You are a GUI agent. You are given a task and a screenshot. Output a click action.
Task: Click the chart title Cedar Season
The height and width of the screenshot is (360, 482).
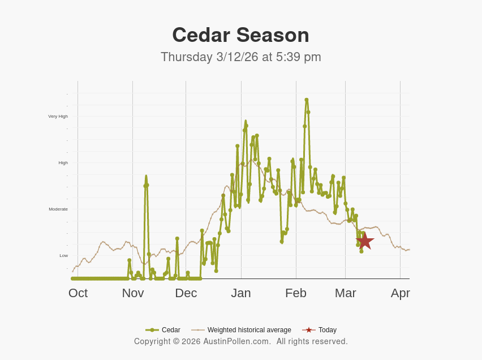click(x=240, y=35)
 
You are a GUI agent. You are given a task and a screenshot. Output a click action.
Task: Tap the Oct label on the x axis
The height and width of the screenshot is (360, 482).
click(x=78, y=293)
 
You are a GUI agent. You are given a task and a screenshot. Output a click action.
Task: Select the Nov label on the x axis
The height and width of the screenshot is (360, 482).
click(x=133, y=293)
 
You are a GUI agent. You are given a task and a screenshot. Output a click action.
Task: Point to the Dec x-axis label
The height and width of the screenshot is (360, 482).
click(x=186, y=293)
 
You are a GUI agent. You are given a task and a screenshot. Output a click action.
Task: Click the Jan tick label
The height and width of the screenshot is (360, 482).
click(x=241, y=293)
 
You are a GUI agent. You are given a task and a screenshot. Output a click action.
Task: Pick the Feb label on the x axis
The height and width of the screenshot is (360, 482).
click(x=296, y=293)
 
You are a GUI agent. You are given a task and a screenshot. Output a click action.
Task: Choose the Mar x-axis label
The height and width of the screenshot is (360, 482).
click(x=345, y=293)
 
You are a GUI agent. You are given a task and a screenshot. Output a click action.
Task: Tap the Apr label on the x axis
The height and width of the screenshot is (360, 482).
click(x=400, y=293)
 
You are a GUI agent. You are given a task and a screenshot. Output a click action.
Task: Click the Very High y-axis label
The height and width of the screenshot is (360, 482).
click(x=58, y=117)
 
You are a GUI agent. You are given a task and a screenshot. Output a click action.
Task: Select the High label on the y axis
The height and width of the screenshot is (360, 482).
click(x=63, y=163)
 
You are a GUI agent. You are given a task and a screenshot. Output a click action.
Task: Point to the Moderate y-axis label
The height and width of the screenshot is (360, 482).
click(x=58, y=209)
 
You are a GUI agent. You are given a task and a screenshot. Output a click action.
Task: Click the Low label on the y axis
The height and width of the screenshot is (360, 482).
click(x=63, y=256)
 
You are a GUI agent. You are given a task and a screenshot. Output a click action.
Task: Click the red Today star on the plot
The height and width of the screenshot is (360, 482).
click(x=365, y=241)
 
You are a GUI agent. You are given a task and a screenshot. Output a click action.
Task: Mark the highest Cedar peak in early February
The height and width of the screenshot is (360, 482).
click(x=307, y=100)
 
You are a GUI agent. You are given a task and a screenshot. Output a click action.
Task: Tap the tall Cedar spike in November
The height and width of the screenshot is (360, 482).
click(x=146, y=177)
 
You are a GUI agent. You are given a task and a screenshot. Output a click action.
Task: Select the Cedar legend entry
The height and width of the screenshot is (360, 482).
click(x=163, y=330)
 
